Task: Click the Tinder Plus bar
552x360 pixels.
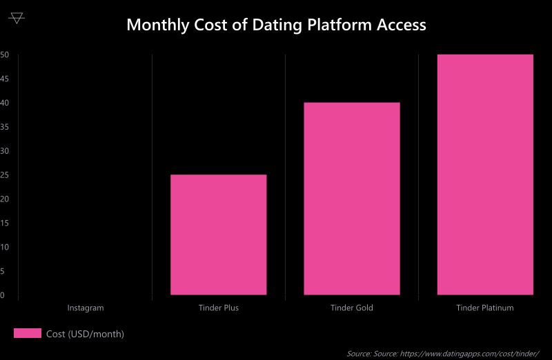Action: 218,234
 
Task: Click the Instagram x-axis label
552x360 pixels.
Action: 86,308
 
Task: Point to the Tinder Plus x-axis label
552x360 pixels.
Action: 218,308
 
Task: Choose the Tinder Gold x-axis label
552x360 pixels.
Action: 351,308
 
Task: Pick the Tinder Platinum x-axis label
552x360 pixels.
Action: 485,308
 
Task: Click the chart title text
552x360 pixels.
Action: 276,25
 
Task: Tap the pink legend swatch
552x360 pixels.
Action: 28,334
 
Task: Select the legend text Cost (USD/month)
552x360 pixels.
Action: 85,334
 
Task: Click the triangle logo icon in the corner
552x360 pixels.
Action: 17,18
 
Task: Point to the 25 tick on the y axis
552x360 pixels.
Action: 4,175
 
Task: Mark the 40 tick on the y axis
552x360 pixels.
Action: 4,103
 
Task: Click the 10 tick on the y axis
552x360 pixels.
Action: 4,247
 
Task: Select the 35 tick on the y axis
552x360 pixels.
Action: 4,127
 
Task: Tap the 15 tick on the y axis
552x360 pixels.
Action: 4,223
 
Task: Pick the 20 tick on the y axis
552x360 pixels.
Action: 4,199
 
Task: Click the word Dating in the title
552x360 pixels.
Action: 265,25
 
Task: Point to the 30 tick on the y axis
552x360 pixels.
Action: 4,151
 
